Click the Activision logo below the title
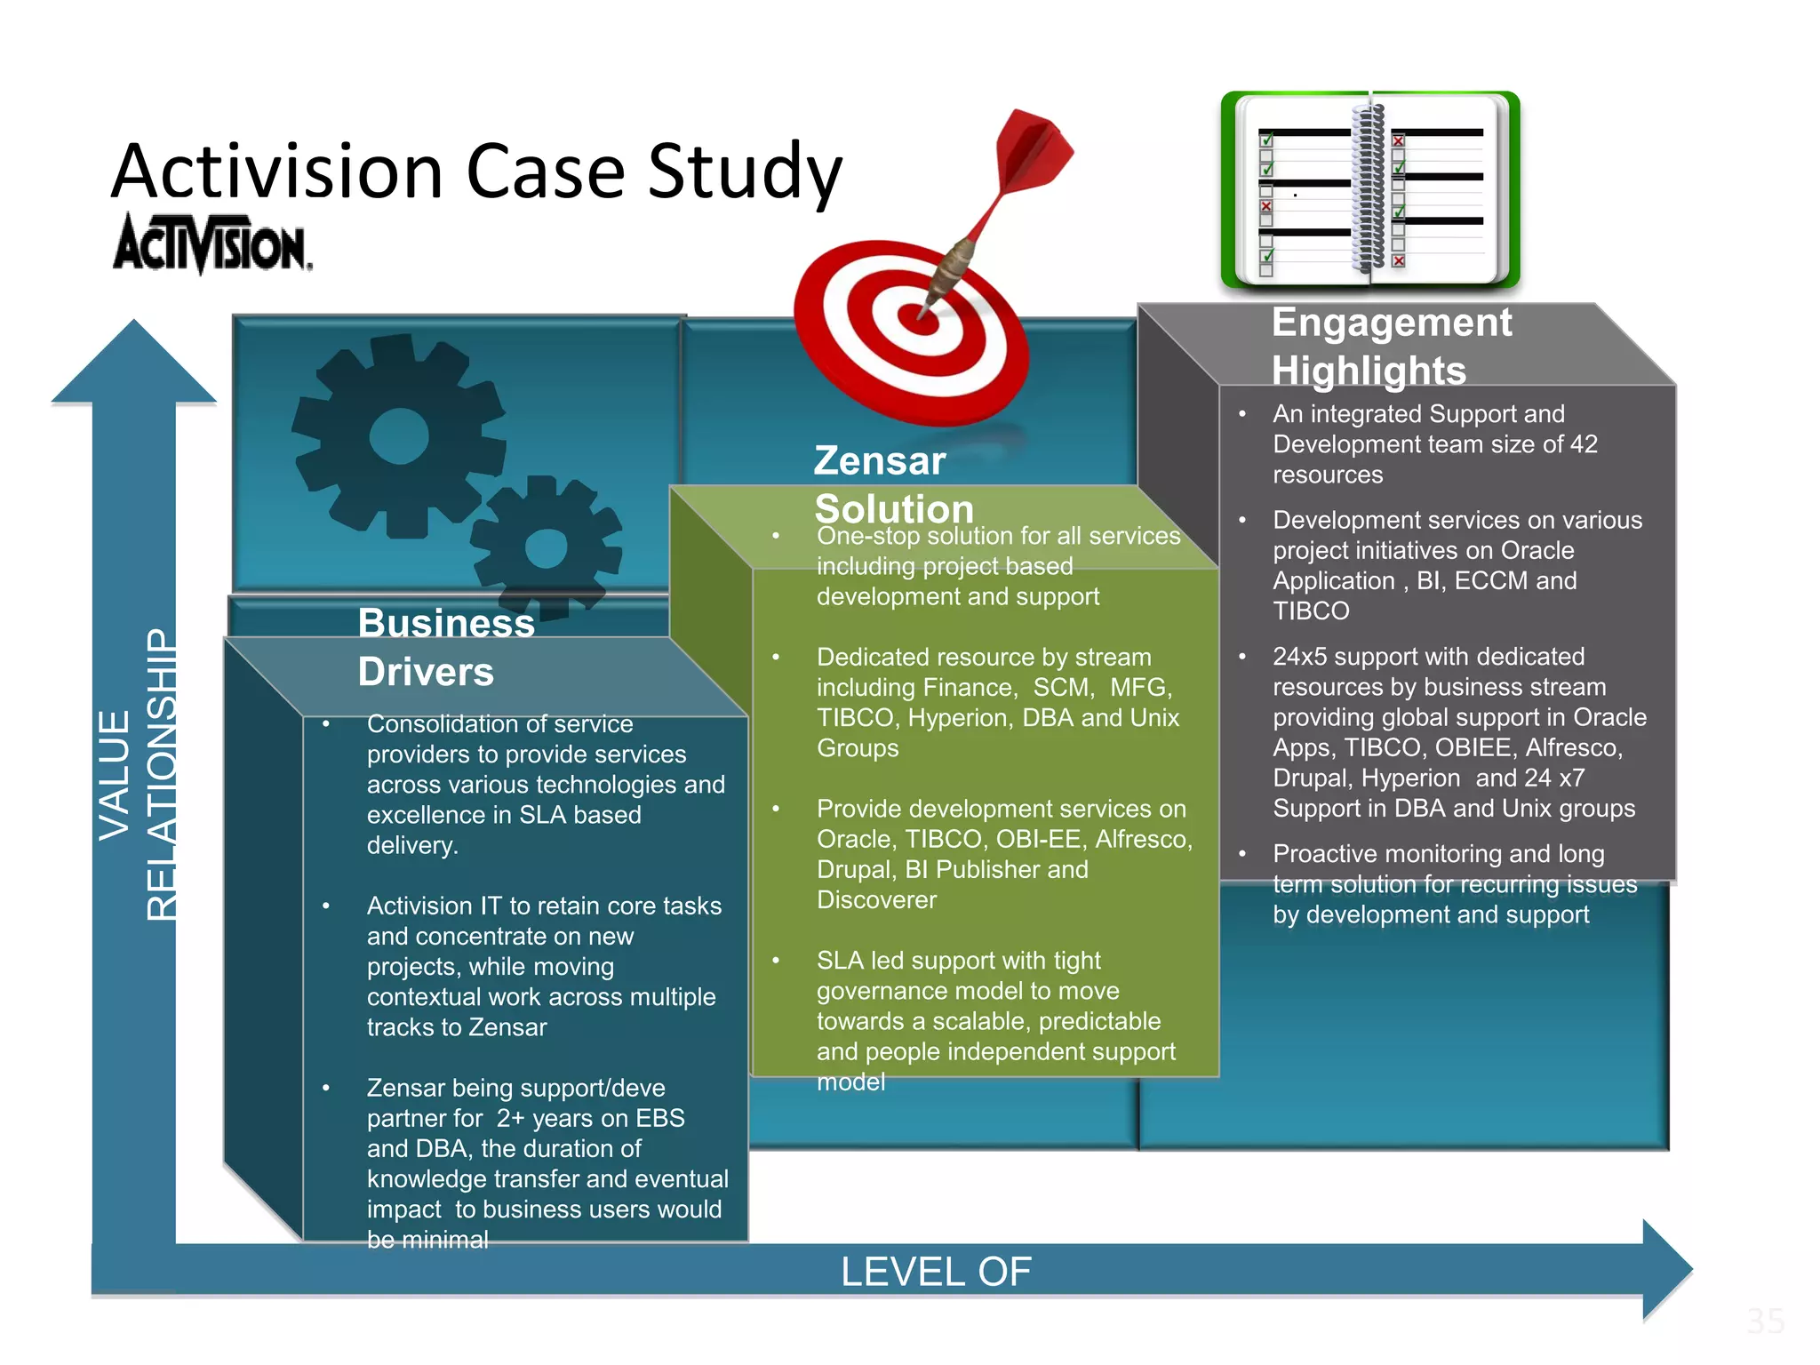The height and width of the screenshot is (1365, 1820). coord(212,243)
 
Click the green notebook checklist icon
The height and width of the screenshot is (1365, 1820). coord(1370,190)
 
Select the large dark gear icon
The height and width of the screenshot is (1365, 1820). coord(399,435)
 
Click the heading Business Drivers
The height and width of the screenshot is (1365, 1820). coord(445,647)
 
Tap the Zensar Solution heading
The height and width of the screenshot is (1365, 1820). coord(893,484)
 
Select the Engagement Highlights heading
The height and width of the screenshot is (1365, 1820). coord(1391,347)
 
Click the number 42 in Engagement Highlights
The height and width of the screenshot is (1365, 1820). coord(1583,444)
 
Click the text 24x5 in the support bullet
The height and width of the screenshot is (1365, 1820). coord(1302,657)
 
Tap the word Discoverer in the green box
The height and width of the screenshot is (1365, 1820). coord(876,900)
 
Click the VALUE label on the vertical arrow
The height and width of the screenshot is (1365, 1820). coord(115,775)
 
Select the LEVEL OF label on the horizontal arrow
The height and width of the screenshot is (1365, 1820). coord(936,1272)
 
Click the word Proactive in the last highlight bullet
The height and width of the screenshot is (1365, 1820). coord(1324,854)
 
